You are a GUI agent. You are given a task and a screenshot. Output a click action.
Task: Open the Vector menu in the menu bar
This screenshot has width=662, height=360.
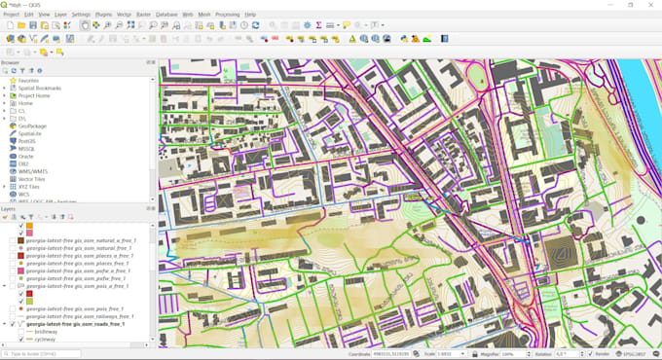[x=125, y=15]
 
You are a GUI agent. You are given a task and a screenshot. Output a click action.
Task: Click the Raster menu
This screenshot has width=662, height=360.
[x=143, y=15]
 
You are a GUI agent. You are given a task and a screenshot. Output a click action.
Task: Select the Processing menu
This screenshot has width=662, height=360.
[x=227, y=15]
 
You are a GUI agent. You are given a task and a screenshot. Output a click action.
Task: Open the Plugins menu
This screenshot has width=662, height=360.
[x=103, y=15]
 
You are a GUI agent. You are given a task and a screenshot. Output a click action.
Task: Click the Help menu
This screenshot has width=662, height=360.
[x=250, y=15]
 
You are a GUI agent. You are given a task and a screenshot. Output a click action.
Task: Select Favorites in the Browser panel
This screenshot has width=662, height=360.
[x=28, y=81]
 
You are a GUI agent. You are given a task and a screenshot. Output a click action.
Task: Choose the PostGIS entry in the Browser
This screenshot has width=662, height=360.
[x=29, y=141]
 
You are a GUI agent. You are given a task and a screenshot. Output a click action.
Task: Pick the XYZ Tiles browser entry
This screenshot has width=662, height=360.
[x=32, y=186]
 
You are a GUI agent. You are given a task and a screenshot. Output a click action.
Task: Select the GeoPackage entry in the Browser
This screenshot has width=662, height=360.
[x=33, y=126]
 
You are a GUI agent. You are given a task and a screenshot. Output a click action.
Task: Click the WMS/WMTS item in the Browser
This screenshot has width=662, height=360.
[x=35, y=171]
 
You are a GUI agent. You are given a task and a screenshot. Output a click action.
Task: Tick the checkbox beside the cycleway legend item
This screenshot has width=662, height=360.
[x=21, y=340]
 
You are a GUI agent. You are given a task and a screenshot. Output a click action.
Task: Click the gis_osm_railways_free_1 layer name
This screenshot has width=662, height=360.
[x=80, y=316]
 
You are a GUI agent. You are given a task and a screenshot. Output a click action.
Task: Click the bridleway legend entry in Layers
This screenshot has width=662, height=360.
[x=45, y=332]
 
